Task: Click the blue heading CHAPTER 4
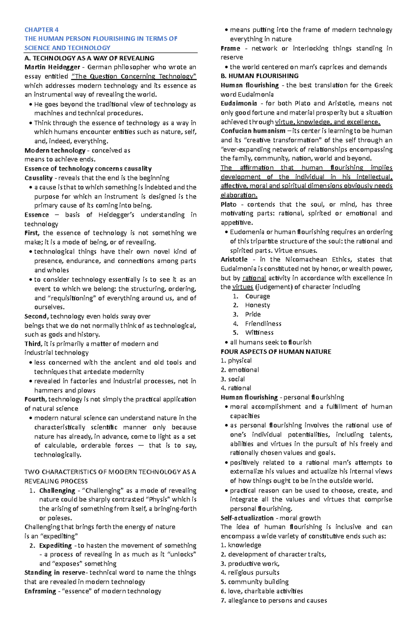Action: (41, 30)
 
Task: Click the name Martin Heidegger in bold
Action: (52, 67)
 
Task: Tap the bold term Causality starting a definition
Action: (38, 178)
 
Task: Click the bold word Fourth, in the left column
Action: (35, 399)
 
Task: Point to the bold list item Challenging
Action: (57, 491)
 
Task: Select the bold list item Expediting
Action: (55, 546)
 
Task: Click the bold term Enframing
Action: (40, 591)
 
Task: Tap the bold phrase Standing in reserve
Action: (55, 573)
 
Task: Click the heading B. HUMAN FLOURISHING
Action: (260, 76)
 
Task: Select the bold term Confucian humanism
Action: (253, 131)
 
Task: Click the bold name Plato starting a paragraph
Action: (229, 204)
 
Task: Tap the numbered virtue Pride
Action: (253, 314)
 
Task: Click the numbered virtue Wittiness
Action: (259, 333)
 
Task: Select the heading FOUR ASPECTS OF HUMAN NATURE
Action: (276, 352)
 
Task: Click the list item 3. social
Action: (233, 379)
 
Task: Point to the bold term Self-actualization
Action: (247, 518)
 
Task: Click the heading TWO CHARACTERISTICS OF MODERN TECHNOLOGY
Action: (110, 472)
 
